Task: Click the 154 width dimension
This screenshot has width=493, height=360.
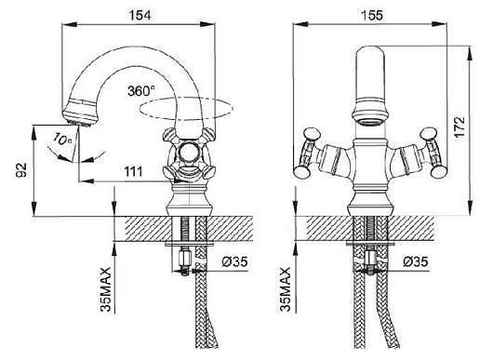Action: point(140,16)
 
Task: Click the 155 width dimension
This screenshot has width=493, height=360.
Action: point(372,15)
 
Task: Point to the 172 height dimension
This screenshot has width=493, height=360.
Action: point(460,127)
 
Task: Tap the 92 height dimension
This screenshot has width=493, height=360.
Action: point(21,170)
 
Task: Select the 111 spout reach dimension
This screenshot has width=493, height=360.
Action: point(133,171)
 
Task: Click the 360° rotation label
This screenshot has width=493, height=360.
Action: point(141,91)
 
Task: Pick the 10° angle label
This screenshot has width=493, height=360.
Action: point(62,139)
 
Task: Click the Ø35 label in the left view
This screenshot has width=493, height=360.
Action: point(234,261)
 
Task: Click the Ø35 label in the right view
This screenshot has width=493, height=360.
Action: point(416,261)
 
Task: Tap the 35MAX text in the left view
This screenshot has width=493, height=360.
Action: point(106,289)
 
